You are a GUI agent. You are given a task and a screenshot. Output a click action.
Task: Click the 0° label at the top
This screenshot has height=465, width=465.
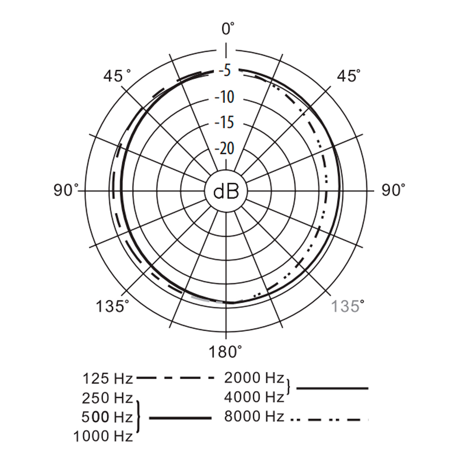coord(228,29)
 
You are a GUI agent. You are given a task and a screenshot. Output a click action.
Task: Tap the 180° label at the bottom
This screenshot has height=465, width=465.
coord(225,352)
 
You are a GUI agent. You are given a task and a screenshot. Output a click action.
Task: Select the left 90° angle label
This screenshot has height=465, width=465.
coord(66,190)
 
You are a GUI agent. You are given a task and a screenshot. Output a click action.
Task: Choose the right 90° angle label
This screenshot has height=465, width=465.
coord(393,190)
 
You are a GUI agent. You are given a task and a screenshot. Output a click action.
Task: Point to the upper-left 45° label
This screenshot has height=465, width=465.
coord(117,76)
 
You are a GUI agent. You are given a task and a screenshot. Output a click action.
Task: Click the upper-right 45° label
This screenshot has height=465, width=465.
coord(349,76)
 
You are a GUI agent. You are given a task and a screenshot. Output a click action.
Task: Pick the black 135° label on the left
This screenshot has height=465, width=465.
coord(113,306)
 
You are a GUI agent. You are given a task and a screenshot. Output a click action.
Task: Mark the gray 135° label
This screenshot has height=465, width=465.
coord(347,306)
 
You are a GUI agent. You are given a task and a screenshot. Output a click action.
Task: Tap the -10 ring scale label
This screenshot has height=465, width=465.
coord(225,97)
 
